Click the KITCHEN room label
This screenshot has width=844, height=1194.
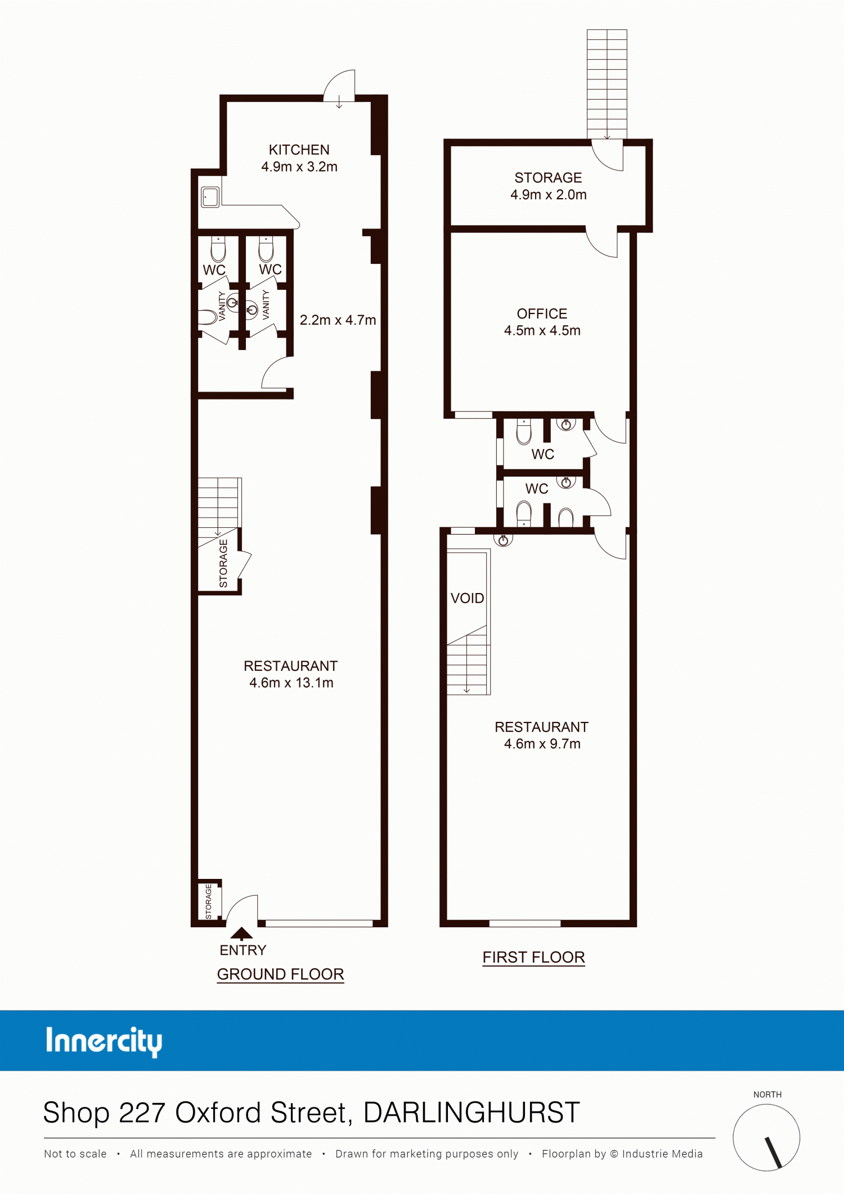pyautogui.click(x=299, y=150)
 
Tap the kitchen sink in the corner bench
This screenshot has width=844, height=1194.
pyautogui.click(x=210, y=197)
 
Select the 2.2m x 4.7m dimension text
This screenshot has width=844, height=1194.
pyautogui.click(x=338, y=320)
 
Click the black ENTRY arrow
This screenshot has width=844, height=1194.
pyautogui.click(x=241, y=933)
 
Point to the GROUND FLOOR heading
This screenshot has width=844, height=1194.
pyautogui.click(x=280, y=974)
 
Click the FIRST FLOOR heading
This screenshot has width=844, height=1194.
pyautogui.click(x=533, y=957)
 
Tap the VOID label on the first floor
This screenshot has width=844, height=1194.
pyautogui.click(x=467, y=598)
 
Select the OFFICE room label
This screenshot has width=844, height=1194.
pyautogui.click(x=542, y=313)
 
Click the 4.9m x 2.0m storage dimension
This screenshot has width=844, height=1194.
pyautogui.click(x=548, y=195)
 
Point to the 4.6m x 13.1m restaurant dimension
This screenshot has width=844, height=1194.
pyautogui.click(x=291, y=683)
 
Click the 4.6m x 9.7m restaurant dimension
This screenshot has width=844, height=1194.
pyautogui.click(x=542, y=744)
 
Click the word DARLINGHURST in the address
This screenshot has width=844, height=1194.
pyautogui.click(x=472, y=1112)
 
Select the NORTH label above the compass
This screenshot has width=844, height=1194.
pyautogui.click(x=767, y=1094)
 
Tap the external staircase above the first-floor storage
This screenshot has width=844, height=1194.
pyautogui.click(x=607, y=84)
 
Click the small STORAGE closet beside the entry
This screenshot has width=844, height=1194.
pyautogui.click(x=209, y=901)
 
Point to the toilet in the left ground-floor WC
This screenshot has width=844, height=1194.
pyautogui.click(x=218, y=248)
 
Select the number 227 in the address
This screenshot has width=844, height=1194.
pyautogui.click(x=143, y=1112)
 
